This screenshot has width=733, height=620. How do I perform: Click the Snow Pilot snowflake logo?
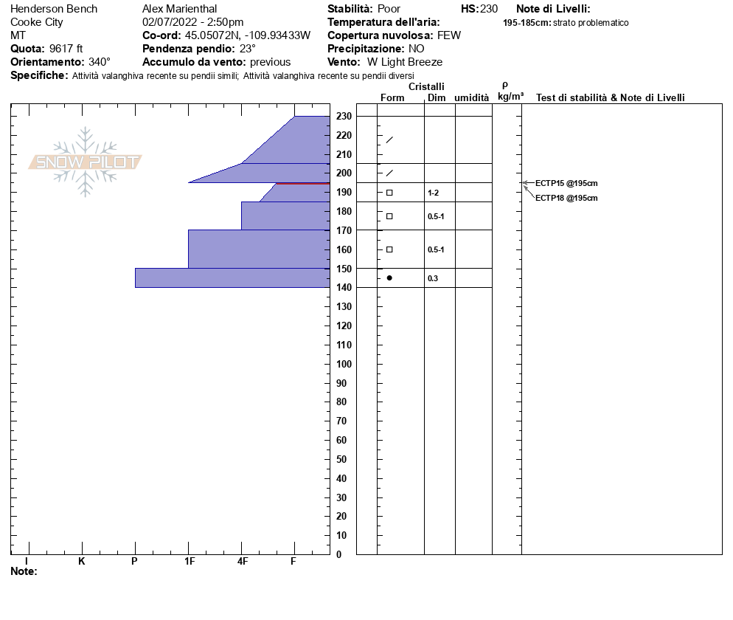point(86,162)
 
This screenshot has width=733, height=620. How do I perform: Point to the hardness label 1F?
point(189,562)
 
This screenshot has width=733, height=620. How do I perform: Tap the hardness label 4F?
point(242,562)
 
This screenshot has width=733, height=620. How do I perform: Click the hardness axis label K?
point(81,562)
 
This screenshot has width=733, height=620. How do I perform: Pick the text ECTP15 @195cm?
point(566,183)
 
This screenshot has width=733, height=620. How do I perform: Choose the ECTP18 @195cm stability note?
point(566,198)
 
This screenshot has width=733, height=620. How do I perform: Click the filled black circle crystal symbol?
point(389,278)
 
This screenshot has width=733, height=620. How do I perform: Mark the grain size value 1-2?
point(434,193)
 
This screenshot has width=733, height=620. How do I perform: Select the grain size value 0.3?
point(433,278)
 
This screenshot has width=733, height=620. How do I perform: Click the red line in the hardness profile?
point(302,183)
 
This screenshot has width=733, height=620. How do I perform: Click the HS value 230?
point(489,9)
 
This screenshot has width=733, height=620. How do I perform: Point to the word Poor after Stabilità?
point(389,9)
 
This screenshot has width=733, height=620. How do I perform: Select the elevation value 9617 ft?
point(66,49)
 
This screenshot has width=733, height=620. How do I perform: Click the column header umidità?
point(472,97)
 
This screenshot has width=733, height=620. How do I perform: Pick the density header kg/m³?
point(510,97)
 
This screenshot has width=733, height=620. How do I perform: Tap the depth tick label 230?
point(343,117)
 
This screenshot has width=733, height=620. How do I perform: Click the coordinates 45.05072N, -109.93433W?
point(247,35)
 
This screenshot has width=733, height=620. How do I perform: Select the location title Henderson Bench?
point(54,9)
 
